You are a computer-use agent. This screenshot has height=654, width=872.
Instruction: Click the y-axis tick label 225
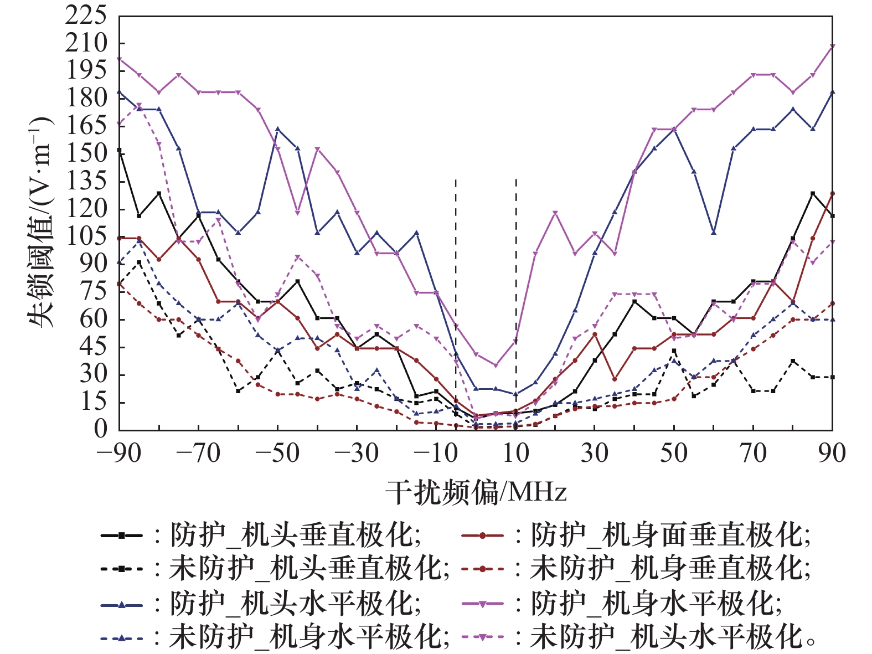click(x=86, y=16)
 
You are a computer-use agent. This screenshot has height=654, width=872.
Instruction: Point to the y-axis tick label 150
click(x=86, y=153)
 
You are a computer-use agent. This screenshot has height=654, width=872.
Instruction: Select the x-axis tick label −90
click(x=118, y=454)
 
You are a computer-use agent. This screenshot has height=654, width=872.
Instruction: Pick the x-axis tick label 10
click(x=515, y=454)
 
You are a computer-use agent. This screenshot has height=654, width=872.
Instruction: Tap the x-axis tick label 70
click(x=753, y=454)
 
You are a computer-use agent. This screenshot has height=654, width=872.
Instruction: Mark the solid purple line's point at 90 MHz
click(x=832, y=47)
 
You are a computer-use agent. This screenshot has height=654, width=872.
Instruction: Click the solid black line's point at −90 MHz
click(x=119, y=150)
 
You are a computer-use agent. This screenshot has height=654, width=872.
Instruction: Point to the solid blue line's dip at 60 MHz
click(x=714, y=232)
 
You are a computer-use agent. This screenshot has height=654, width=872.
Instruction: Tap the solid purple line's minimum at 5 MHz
click(x=496, y=365)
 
